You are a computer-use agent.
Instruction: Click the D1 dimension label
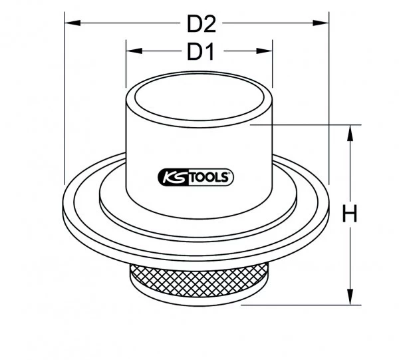tap(199, 51)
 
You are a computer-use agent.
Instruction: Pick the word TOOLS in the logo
tap(209, 177)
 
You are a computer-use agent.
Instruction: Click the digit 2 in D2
tap(209, 25)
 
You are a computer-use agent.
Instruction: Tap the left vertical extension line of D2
tap(65, 100)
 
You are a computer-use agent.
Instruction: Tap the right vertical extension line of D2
tap(331, 100)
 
